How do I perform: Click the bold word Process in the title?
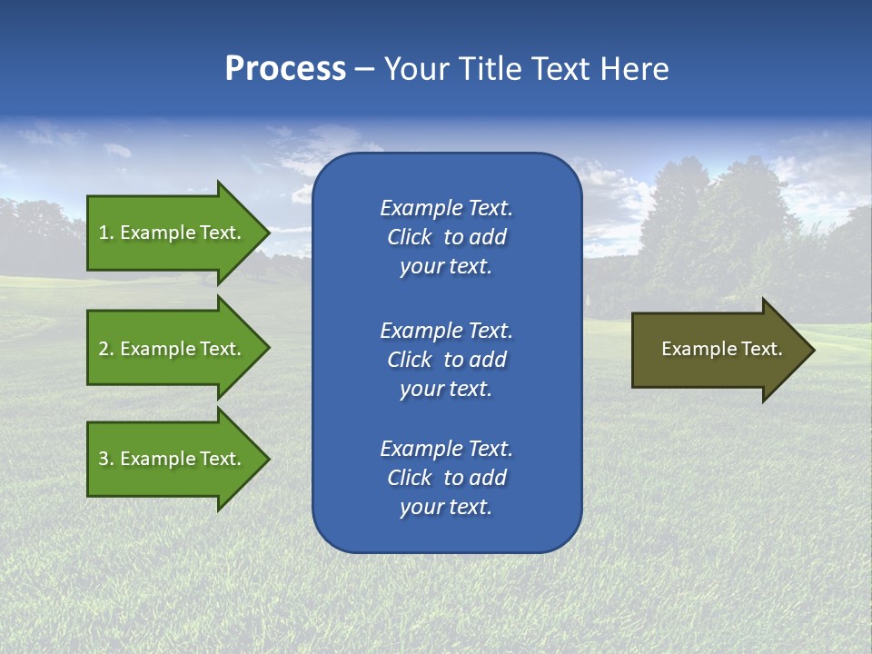285,69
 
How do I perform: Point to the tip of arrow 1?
267,233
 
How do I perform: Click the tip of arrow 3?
267,459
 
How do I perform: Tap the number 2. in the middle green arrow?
105,349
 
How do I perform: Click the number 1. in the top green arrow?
105,233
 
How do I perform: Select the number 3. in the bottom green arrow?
105,459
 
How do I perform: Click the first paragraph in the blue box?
446,237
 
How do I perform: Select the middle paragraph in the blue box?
446,360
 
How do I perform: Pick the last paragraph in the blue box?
446,478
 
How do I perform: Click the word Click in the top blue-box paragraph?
410,237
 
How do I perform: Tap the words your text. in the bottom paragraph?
446,507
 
